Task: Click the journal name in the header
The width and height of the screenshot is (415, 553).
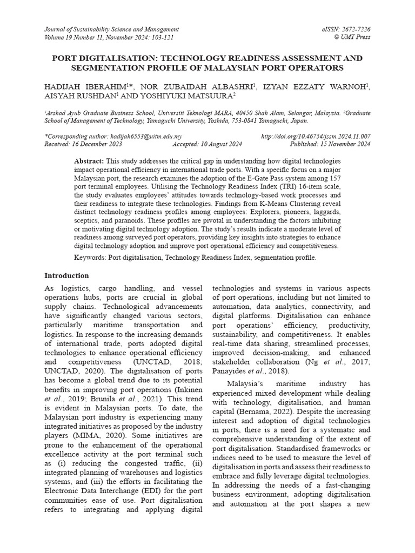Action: pos(111,29)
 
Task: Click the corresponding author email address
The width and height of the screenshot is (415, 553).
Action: pos(145,137)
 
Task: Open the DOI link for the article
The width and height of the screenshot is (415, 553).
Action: pos(316,137)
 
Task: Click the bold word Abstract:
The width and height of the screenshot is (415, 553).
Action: pos(89,161)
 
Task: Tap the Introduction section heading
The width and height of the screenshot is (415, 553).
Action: pos(66,275)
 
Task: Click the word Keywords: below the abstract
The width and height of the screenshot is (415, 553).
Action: pos(90,257)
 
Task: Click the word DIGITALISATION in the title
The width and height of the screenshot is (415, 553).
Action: pos(128,58)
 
